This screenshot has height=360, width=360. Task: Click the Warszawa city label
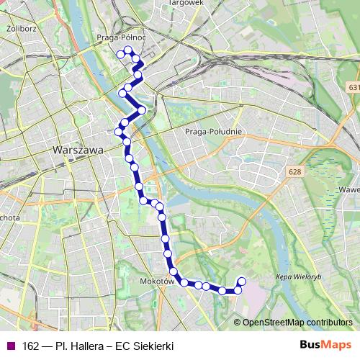(78, 150)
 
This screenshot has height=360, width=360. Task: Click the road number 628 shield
(293, 172)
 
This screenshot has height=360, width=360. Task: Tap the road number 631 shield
(353, 86)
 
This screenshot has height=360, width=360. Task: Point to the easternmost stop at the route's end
(241, 282)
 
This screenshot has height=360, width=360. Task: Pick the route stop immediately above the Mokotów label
(174, 271)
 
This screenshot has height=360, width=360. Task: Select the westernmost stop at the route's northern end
(120, 53)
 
